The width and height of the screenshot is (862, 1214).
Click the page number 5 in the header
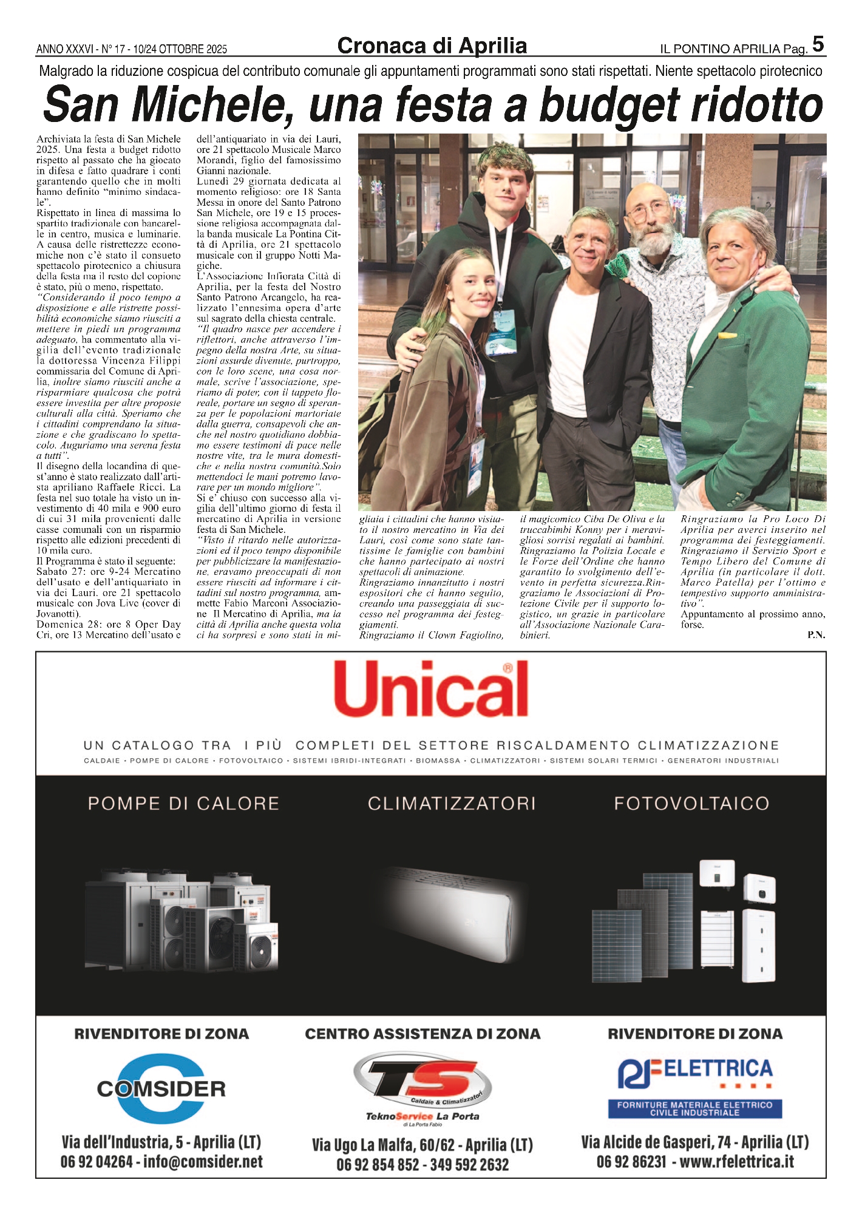[818, 44]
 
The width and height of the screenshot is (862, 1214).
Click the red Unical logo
[431, 688]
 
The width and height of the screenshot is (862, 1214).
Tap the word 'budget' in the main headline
[611, 104]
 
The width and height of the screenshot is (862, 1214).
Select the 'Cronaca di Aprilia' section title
[432, 46]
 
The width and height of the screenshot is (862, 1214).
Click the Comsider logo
[161, 1088]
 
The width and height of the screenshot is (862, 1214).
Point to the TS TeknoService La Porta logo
[423, 1089]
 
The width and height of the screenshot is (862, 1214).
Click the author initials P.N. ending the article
[816, 635]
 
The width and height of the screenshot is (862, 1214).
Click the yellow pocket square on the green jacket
[727, 334]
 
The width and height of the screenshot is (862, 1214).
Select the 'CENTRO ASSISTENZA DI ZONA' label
[423, 1034]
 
